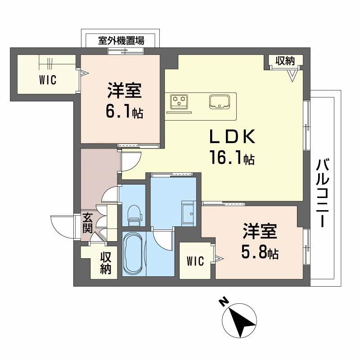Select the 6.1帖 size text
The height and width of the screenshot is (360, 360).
pos(124,112)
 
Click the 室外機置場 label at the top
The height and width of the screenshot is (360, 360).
pos(121,40)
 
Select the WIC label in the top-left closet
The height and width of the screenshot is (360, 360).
pos(47,81)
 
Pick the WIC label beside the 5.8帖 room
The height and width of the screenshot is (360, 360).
pos(195,261)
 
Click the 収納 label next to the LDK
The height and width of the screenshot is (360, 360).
pos(285,61)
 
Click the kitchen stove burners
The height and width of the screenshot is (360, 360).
pos(179,101)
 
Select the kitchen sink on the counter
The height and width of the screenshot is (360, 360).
pos(220,102)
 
